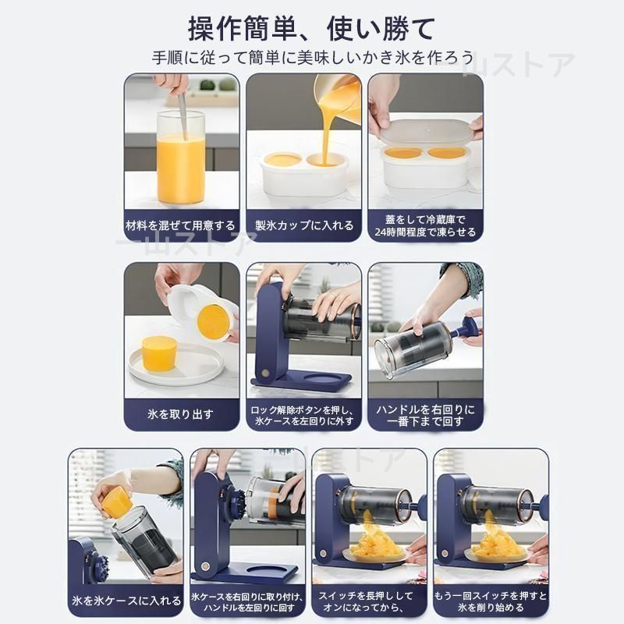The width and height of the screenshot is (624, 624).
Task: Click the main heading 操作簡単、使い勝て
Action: tap(312, 29)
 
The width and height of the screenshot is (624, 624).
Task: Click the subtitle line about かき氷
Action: tap(312, 58)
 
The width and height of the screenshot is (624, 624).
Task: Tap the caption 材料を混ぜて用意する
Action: tap(181, 225)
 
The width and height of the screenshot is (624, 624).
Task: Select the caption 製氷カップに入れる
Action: tap(304, 225)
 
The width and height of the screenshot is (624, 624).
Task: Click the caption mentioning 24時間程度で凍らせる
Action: tap(425, 225)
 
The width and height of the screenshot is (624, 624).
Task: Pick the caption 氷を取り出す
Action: tap(181, 413)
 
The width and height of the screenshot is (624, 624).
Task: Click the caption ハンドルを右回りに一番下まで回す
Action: tap(425, 415)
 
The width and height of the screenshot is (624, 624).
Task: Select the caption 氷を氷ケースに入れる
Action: tap(126, 601)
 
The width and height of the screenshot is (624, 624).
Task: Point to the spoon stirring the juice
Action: tap(182, 109)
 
